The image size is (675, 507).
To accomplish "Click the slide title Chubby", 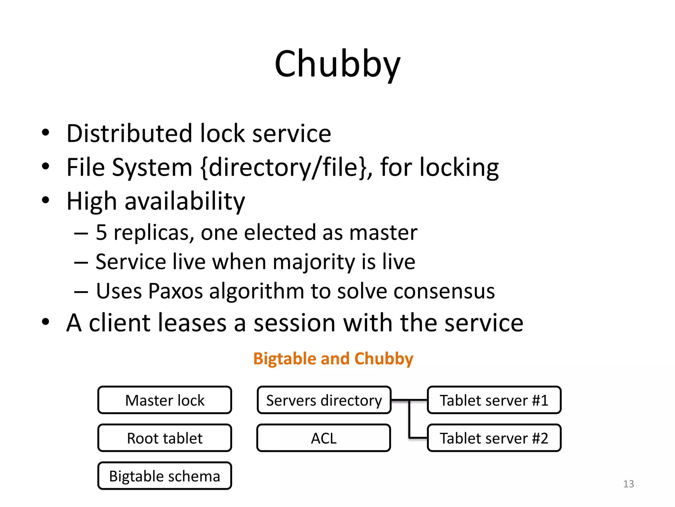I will pos(337,64).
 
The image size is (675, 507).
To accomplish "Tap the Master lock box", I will pos(165,400).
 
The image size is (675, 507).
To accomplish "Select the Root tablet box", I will pos(165,438).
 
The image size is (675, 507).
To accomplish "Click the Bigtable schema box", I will pos(165,476).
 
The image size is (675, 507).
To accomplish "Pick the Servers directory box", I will pos(324,400).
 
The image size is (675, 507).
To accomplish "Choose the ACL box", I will pos(324,438).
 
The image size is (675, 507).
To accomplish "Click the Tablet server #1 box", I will pos(494,400).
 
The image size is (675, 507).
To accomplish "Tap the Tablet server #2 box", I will pos(494,438).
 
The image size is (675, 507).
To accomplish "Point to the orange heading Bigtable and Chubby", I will pos(333,359).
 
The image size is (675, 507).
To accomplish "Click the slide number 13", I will pos(629,484).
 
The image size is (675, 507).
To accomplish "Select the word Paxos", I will pos(175,291).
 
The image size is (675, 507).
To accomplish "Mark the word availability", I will pos(185,201).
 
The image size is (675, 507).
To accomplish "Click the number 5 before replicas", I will pos(101,233).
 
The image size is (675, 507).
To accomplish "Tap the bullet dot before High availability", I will pos(45,200).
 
